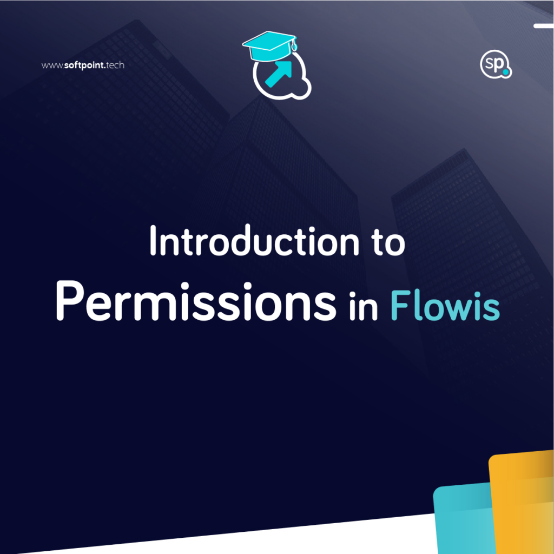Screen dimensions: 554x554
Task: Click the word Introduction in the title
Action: pos(254,240)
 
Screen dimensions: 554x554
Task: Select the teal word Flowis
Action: pos(445,305)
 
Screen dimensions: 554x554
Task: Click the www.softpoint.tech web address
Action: pos(83,65)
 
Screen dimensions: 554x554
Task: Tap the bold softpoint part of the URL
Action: pos(84,65)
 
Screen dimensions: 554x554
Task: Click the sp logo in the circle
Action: pos(496,64)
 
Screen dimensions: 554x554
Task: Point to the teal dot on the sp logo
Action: pos(506,72)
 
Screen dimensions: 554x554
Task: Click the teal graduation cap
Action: pos(269,45)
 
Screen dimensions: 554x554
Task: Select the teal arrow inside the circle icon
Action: pos(279,74)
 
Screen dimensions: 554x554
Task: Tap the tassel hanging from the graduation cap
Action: pos(294,45)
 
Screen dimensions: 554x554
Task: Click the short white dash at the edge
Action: pos(544,26)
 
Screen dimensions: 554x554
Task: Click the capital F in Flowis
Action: pos(401,305)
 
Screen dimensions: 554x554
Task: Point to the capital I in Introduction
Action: pos(153,240)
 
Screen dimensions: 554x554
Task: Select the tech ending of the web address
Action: pos(115,65)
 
